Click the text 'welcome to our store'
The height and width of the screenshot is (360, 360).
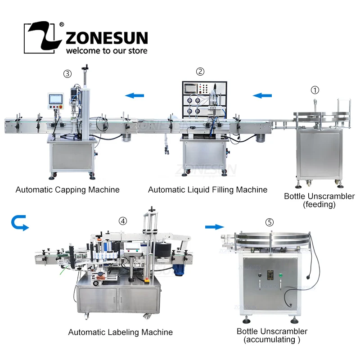[x=107, y=50]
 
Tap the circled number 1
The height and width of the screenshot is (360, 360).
[x=315, y=90]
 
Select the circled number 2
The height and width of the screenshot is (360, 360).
[x=200, y=71]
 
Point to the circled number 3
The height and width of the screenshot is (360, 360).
[x=67, y=73]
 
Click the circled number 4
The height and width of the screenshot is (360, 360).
[x=122, y=221]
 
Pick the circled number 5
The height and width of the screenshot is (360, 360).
[x=269, y=222]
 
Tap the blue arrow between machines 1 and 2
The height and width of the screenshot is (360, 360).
[x=262, y=95]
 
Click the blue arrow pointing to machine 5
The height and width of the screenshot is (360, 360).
[x=213, y=226]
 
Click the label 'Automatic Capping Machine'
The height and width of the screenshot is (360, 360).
[x=67, y=189]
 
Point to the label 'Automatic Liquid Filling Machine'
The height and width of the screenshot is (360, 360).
[x=207, y=189]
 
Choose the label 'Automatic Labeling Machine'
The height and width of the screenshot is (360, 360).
[x=120, y=332]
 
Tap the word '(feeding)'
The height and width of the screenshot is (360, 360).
[x=319, y=205]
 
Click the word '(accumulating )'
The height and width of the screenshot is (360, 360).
[x=272, y=340]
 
